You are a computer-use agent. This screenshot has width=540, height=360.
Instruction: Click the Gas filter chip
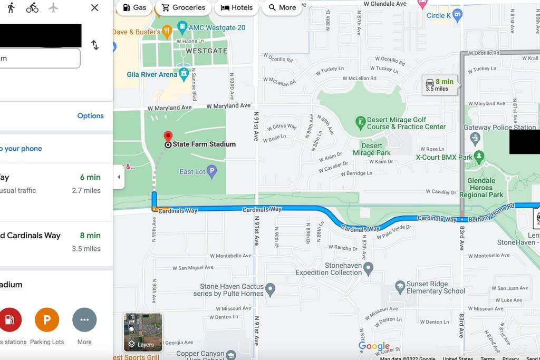click(x=134, y=7)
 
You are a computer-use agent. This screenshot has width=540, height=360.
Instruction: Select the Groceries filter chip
click(x=183, y=7)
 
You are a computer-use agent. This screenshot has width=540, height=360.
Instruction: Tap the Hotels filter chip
click(x=236, y=7)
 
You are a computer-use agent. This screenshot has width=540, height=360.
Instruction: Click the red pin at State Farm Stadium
click(x=168, y=137)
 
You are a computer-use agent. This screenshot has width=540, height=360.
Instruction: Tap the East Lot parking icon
click(x=211, y=171)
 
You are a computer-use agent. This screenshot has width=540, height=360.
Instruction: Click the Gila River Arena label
click(x=152, y=74)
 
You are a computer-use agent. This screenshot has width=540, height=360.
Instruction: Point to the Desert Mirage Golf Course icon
click(x=361, y=123)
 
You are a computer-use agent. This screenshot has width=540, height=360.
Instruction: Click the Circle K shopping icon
click(x=457, y=15)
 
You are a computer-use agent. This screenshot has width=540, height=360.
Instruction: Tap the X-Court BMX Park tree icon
click(x=479, y=157)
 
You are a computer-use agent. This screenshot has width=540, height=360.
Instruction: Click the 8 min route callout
click(x=440, y=84)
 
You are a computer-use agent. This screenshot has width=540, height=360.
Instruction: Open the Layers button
click(x=143, y=332)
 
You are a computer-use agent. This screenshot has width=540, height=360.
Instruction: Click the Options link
click(x=90, y=116)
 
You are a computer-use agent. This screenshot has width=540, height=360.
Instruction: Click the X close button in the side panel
click(x=94, y=7)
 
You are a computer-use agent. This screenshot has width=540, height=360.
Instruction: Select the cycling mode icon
click(x=32, y=7)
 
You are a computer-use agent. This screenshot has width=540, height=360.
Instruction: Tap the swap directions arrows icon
click(x=95, y=45)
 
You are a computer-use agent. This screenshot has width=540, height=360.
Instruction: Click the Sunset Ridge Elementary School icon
click(x=400, y=287)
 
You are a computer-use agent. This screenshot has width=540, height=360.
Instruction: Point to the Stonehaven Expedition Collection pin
click(x=368, y=268)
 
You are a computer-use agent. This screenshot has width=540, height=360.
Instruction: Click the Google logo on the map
click(x=374, y=346)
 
